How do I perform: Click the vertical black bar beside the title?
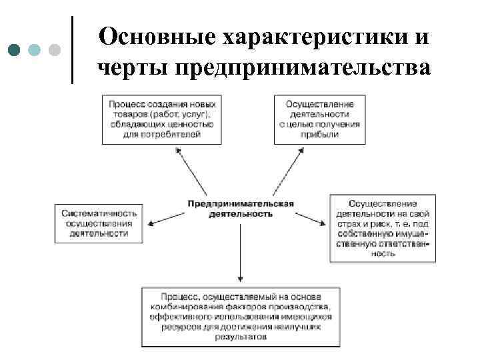coord(71,48)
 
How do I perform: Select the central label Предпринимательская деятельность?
coord(240,209)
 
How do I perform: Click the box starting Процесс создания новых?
coord(159,119)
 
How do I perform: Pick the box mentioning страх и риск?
coord(382,228)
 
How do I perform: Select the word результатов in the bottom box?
coord(240,337)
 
